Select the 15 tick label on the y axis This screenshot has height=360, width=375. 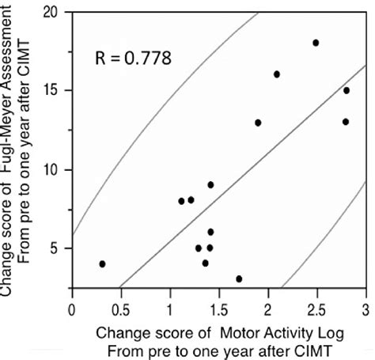coord(55,91)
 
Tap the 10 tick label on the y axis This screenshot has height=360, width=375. coord(55,169)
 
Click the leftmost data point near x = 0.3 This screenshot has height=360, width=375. coord(102,263)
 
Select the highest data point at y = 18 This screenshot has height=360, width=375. coord(316,43)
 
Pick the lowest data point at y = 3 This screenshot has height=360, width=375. coord(239,279)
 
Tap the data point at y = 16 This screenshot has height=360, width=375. coord(277,74)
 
